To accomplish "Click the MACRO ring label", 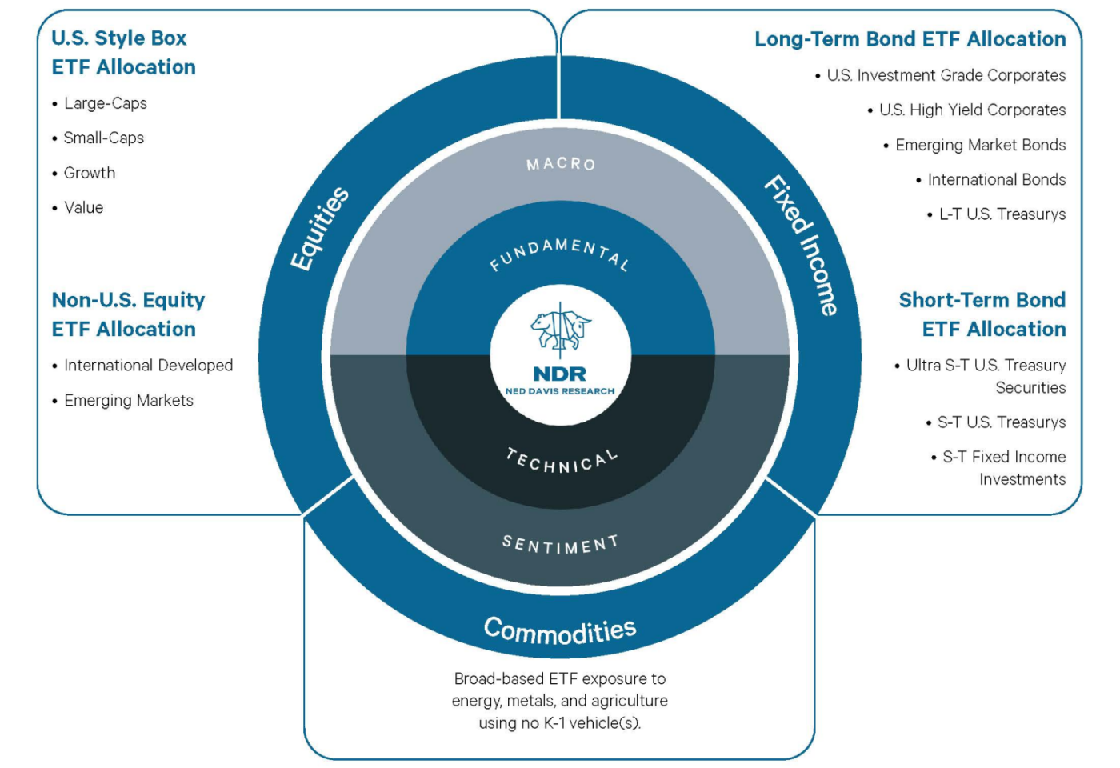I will tap(561, 164).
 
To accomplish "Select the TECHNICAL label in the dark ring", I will tap(562, 462).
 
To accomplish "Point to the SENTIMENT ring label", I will tap(560, 545).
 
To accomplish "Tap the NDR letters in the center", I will tap(560, 374).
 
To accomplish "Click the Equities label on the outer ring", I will tap(319, 229).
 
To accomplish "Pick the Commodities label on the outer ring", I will tap(560, 630).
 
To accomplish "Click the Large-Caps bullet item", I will tap(105, 103).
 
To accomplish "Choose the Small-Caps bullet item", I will tap(103, 138).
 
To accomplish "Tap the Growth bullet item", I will tap(89, 173).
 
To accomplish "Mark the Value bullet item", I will tap(83, 207).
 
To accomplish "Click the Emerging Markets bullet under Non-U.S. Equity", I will tap(128, 400).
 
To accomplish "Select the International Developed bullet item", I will tap(148, 366).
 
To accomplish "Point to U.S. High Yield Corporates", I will tap(971, 110).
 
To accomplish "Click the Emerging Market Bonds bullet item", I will tap(980, 145).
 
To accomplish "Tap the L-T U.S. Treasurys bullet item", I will tap(1002, 214).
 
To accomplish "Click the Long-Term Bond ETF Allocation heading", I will tap(910, 39).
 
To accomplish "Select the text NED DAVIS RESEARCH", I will tap(560, 391).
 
